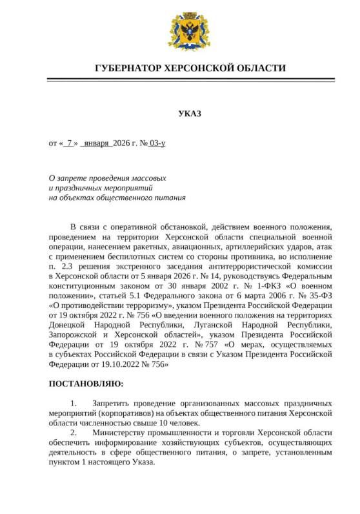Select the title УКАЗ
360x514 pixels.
190,114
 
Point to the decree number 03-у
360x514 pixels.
157,143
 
